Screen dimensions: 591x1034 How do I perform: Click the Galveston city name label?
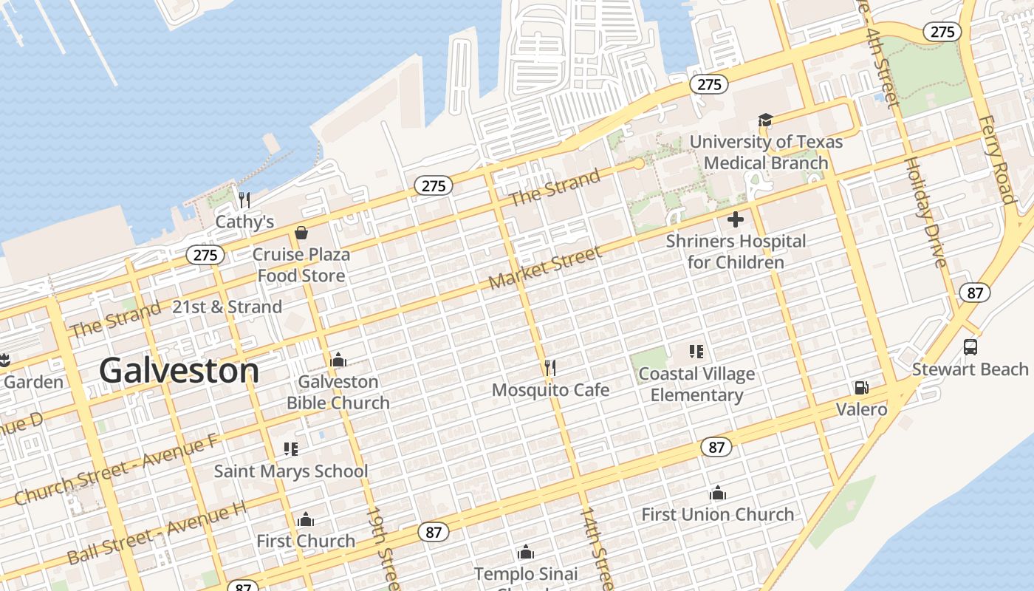tap(179, 370)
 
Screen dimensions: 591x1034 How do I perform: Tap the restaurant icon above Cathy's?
tap(244, 200)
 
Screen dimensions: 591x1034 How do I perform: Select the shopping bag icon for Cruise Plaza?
tap(301, 233)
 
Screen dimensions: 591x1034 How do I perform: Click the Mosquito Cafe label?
tap(550, 389)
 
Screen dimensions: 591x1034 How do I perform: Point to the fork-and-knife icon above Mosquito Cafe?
tap(549, 367)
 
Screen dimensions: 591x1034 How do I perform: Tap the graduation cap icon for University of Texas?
tap(765, 120)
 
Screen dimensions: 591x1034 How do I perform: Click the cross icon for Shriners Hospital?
tap(736, 219)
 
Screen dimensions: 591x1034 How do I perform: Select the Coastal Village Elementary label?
tap(696, 384)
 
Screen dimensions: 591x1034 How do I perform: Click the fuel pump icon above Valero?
tap(861, 387)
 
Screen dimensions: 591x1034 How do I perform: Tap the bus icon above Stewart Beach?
tap(970, 346)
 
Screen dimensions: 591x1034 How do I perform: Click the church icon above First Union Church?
tap(718, 493)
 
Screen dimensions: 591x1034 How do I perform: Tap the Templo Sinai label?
tap(526, 573)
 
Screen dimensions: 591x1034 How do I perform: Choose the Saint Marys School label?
tap(291, 471)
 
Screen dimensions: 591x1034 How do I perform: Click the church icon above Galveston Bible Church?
tap(338, 360)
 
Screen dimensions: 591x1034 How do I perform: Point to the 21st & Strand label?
tap(227, 307)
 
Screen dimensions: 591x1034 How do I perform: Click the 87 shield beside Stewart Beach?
tap(975, 293)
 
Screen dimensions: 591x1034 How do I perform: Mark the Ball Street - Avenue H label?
tap(157, 533)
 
